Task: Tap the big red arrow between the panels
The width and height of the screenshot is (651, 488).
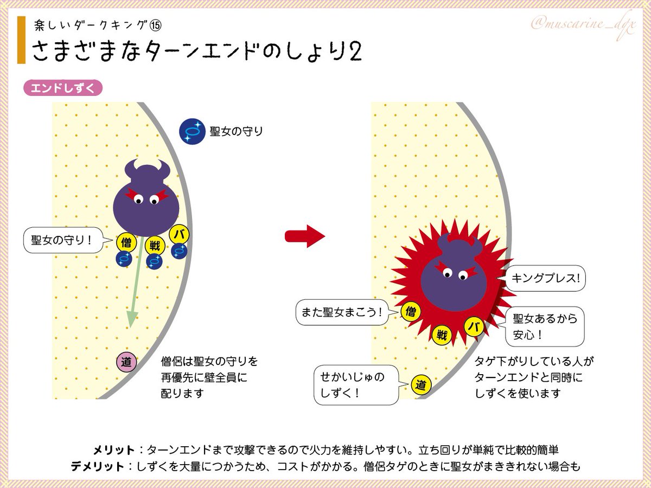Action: [x=304, y=236]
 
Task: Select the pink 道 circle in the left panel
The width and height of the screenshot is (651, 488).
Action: [x=126, y=362]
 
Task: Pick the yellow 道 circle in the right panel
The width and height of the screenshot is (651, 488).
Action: [x=420, y=385]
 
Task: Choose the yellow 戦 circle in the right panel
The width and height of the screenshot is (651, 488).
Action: [x=442, y=335]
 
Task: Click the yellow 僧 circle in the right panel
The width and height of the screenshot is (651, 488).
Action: [x=411, y=312]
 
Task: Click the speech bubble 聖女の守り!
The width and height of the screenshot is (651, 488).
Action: [x=64, y=240]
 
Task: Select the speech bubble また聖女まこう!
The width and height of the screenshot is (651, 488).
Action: [x=342, y=312]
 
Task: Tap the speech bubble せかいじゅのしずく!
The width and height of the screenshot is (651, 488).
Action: [x=357, y=385]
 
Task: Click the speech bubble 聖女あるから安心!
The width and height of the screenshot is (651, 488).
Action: [x=545, y=327]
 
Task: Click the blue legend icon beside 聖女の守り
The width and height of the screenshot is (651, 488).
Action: [x=192, y=132]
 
